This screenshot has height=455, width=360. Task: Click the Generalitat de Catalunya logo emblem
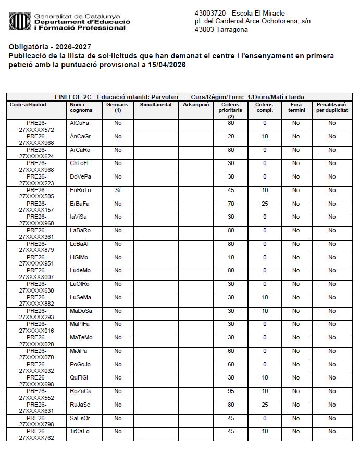pos(20,21)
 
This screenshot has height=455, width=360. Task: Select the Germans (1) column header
pos(117,107)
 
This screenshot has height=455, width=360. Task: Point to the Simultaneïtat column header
pos(155,105)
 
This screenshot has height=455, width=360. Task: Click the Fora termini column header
pos(296,107)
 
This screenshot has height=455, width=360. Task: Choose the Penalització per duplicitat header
pos(332,107)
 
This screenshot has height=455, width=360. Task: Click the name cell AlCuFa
pos(79,123)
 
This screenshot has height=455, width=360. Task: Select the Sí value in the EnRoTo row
pos(118,191)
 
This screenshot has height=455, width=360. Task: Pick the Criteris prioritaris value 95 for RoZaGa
pos(231,390)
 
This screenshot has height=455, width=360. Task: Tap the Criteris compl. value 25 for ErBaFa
pos(265,204)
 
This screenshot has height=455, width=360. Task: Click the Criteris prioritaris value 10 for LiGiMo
pos(231,258)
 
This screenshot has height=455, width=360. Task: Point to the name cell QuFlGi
pos(79,377)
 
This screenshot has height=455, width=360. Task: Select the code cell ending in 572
pos(36,127)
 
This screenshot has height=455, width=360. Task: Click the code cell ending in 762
pos(36,435)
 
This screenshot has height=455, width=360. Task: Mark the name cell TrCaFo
pos(80,431)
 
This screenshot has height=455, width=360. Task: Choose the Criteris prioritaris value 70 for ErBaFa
pos(231,204)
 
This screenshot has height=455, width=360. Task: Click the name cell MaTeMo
pos(81,337)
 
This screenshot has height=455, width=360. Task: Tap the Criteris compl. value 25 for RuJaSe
pos(265,405)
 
